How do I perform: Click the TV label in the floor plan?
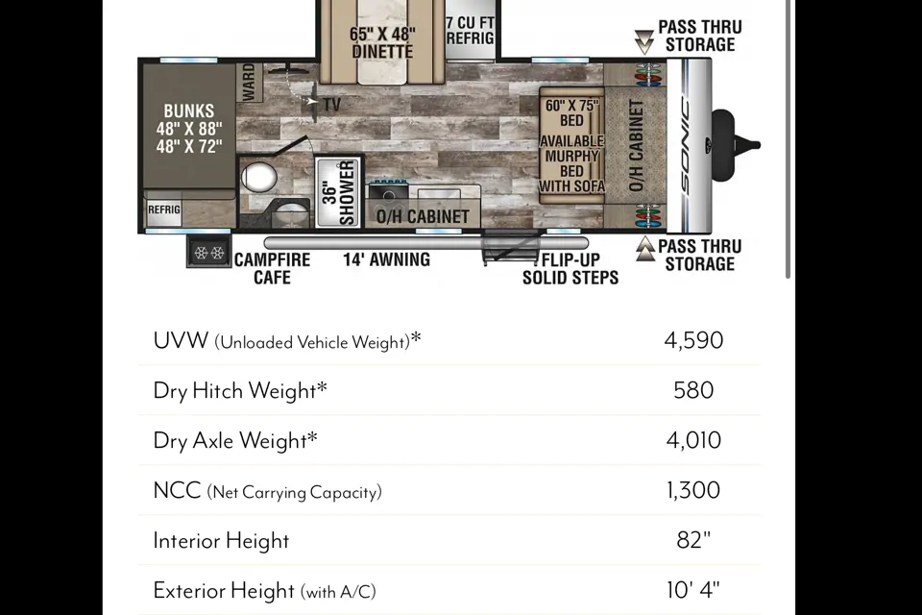point(331,105)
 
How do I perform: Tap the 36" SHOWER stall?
point(339,192)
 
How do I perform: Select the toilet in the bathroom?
point(258,177)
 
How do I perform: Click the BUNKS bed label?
point(189,111)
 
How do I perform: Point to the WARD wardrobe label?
point(249,82)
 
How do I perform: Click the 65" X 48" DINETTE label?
point(382,43)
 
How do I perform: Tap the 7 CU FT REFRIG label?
point(470,31)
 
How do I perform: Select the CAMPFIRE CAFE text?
point(272,268)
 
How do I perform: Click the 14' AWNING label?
point(386,259)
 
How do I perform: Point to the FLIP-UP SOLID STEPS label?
point(570,269)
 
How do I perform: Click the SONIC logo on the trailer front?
point(686,145)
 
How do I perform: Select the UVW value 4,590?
point(693,340)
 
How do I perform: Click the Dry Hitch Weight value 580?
point(693,390)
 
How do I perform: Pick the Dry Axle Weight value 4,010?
point(693,440)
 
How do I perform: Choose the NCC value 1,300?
point(693,490)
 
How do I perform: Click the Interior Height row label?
point(221,541)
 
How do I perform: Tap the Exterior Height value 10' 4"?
point(693,590)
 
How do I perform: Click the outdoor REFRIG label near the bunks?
point(164,209)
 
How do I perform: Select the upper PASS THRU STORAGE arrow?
point(644,42)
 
